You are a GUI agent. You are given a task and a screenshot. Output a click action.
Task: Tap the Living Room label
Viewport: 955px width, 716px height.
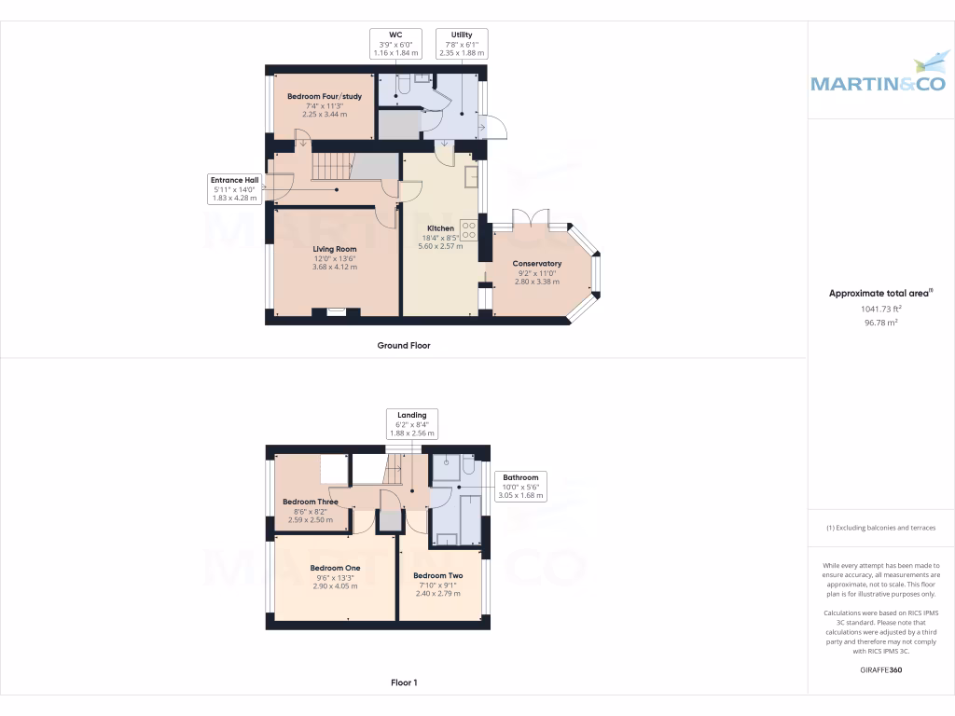coord(335,249)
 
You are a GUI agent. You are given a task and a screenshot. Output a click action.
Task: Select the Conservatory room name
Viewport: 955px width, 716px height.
coord(537,264)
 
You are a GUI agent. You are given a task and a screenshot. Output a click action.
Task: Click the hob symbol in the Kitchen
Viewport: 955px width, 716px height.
coord(468,229)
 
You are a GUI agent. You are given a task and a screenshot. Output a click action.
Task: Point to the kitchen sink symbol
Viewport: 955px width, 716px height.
coord(473,174)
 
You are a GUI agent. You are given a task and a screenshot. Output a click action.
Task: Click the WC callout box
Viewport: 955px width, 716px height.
coord(395,44)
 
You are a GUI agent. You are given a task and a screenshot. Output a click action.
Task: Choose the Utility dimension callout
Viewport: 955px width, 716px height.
coord(462,44)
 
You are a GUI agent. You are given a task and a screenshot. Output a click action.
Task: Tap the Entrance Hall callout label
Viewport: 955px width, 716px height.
coord(234,188)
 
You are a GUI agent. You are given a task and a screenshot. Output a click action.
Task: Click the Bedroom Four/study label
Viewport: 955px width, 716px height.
coord(324,97)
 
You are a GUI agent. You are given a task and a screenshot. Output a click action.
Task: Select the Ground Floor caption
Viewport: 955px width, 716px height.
coord(404,345)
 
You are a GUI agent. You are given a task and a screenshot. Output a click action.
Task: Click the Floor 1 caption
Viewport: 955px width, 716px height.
coord(404,682)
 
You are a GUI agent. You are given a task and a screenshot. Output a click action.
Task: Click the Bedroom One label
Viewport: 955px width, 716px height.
coord(335,568)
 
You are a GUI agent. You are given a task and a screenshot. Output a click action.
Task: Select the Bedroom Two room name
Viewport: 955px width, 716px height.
coord(438,575)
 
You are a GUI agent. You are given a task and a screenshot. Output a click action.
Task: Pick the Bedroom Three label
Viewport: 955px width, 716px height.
coord(311,502)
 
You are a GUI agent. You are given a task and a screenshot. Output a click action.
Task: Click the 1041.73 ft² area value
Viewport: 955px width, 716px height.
coord(880,309)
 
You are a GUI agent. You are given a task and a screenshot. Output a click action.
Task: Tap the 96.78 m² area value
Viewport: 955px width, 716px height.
coord(880,323)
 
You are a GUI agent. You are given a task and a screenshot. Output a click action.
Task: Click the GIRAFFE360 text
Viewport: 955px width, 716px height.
coord(880,669)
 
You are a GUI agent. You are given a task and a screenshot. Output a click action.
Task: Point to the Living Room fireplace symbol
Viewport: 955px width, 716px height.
coord(336,312)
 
